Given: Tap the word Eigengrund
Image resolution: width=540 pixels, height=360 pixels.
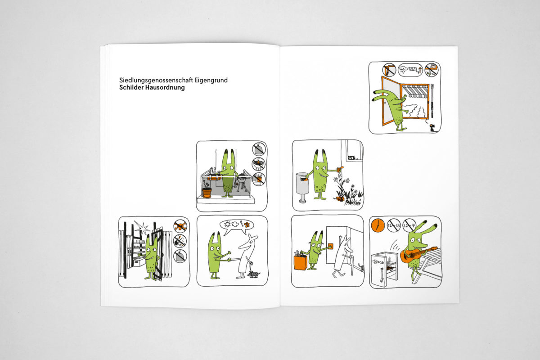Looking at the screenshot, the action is click(211, 80).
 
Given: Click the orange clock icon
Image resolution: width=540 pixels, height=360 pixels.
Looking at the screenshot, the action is click(378, 225).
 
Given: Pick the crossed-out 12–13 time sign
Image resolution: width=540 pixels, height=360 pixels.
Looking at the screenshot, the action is click(393, 225).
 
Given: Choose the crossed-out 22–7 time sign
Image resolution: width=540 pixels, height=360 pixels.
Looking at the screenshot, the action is click(409, 225).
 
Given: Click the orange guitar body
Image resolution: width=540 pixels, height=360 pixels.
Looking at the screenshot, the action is click(406, 256).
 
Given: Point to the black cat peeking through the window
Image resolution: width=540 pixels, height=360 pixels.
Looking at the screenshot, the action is click(351, 158).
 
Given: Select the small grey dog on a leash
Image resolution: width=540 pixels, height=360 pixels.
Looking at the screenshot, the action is click(254, 274).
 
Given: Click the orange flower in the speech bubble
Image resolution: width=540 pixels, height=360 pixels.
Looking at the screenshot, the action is click(247, 225).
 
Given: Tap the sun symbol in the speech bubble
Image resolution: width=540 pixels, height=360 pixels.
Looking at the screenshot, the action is click(227, 224).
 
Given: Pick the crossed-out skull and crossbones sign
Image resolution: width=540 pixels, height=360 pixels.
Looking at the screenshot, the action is click(180, 226).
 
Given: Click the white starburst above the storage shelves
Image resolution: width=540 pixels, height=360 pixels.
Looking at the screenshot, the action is click(142, 227).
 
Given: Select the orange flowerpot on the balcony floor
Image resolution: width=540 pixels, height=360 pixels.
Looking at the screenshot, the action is click(207, 193).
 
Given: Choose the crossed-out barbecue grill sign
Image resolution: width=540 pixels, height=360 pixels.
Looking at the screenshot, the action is click(258, 164).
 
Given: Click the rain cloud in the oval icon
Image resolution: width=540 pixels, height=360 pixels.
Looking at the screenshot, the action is click(403, 70).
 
